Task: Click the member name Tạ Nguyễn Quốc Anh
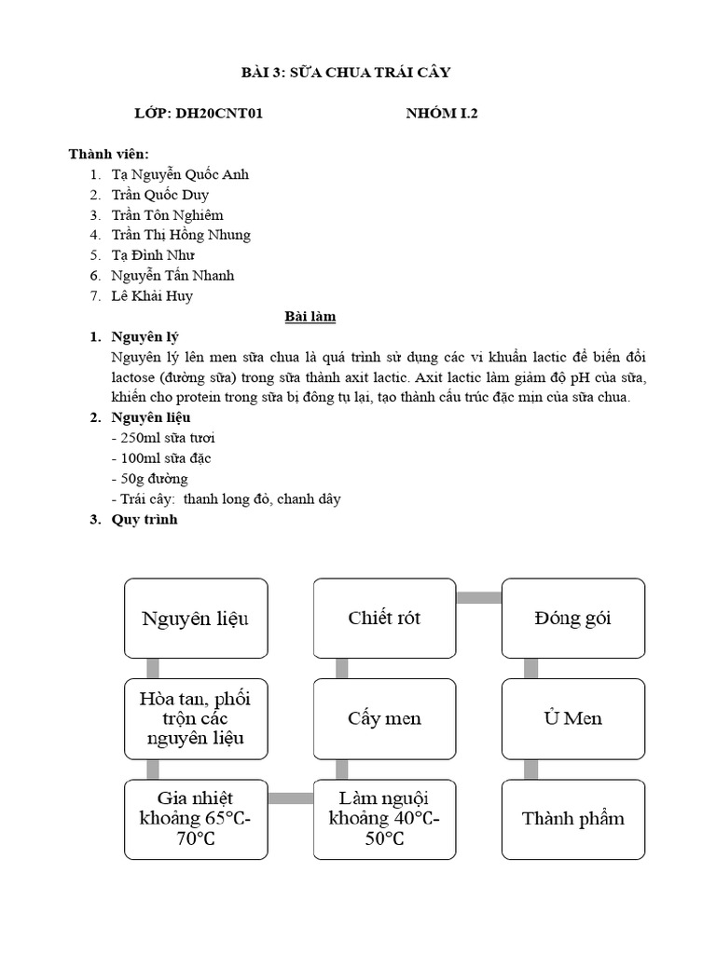180,174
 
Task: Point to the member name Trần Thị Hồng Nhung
181,235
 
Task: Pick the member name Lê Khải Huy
152,296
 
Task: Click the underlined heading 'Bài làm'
310,317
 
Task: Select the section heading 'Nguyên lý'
145,336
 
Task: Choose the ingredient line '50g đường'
149,479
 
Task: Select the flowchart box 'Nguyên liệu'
196,618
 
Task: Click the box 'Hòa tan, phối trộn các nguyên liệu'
196,718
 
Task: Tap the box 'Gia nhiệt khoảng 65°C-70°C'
196,819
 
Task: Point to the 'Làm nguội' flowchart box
384,819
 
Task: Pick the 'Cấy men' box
384,718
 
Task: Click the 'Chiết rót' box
384,618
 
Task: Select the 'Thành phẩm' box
573,819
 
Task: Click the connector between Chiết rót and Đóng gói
478,597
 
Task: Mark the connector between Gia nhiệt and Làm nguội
290,797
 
